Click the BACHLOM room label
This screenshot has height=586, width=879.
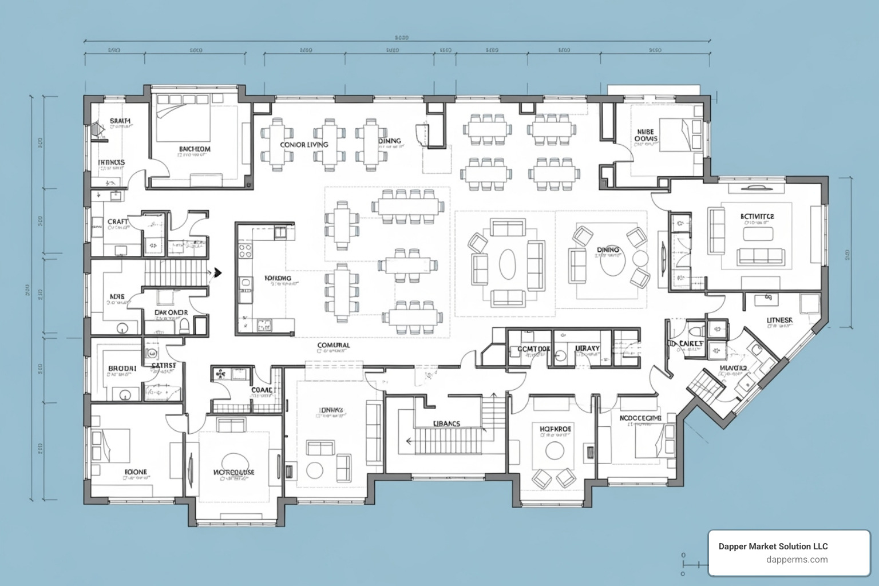tap(194, 149)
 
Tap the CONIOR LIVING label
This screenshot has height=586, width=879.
tap(304, 145)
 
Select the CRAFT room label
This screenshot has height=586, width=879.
tap(117, 221)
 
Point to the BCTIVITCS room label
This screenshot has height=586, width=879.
tap(757, 216)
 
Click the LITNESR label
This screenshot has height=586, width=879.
tap(779, 320)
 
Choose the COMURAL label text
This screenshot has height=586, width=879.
tap(333, 345)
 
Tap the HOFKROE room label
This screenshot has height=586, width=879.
tap(555, 428)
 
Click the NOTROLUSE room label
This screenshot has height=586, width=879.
tap(233, 472)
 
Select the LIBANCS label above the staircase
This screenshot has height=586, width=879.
tap(446, 423)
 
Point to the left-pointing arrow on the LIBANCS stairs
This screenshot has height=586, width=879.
tap(410, 441)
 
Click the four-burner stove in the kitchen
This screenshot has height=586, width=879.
tap(246, 251)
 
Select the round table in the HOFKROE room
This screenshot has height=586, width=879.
tap(555, 451)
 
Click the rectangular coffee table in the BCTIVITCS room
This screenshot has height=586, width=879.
tap(758, 233)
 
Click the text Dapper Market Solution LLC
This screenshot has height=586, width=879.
tap(773, 547)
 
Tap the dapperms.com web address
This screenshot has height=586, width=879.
tap(797, 560)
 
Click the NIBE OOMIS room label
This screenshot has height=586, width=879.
tap(646, 135)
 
